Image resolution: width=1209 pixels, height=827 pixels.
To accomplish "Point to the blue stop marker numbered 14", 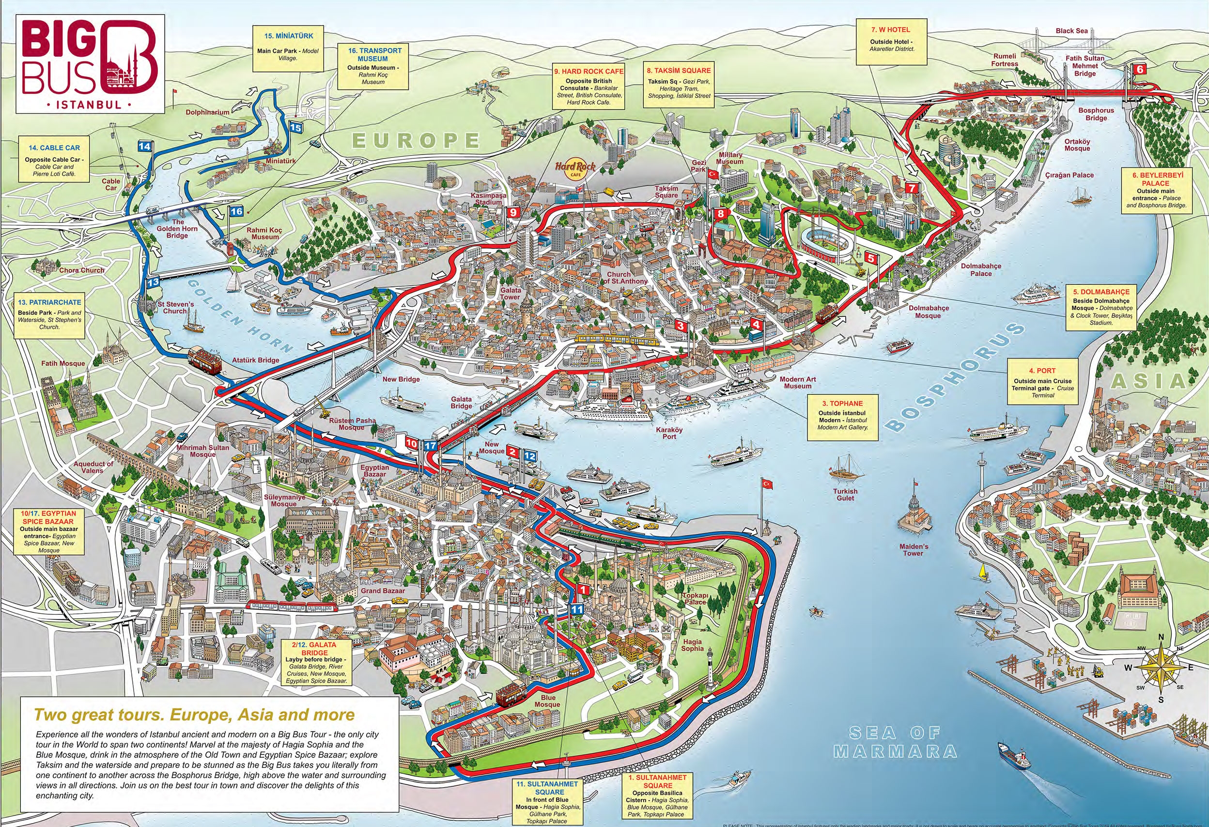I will [144, 147].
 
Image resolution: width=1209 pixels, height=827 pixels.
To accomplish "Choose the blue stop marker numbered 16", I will [236, 212].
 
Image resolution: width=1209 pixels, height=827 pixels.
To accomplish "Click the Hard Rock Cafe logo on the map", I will [575, 169].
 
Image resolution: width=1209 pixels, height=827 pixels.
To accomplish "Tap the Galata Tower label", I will [510, 294].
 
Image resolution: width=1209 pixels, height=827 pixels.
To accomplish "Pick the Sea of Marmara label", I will [895, 742].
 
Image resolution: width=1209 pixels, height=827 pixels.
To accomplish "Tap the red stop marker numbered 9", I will [512, 212].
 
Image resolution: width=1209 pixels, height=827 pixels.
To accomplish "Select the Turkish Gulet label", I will [845, 495].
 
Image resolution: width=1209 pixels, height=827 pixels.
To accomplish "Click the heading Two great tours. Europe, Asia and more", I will [194, 714].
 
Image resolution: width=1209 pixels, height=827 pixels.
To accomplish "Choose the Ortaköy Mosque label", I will [1077, 145].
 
